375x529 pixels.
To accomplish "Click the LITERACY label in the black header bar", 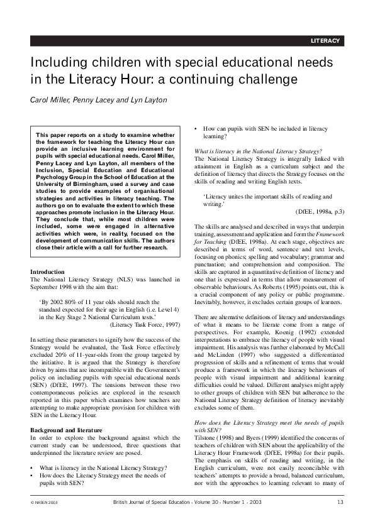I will pyautogui.click(x=325, y=41).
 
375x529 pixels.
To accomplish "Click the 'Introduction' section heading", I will pyautogui.click(x=47, y=271).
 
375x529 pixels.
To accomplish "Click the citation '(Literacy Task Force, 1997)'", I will pyautogui.click(x=145, y=325).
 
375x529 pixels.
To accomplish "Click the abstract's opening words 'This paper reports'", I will pyautogui.click(x=60, y=135).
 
